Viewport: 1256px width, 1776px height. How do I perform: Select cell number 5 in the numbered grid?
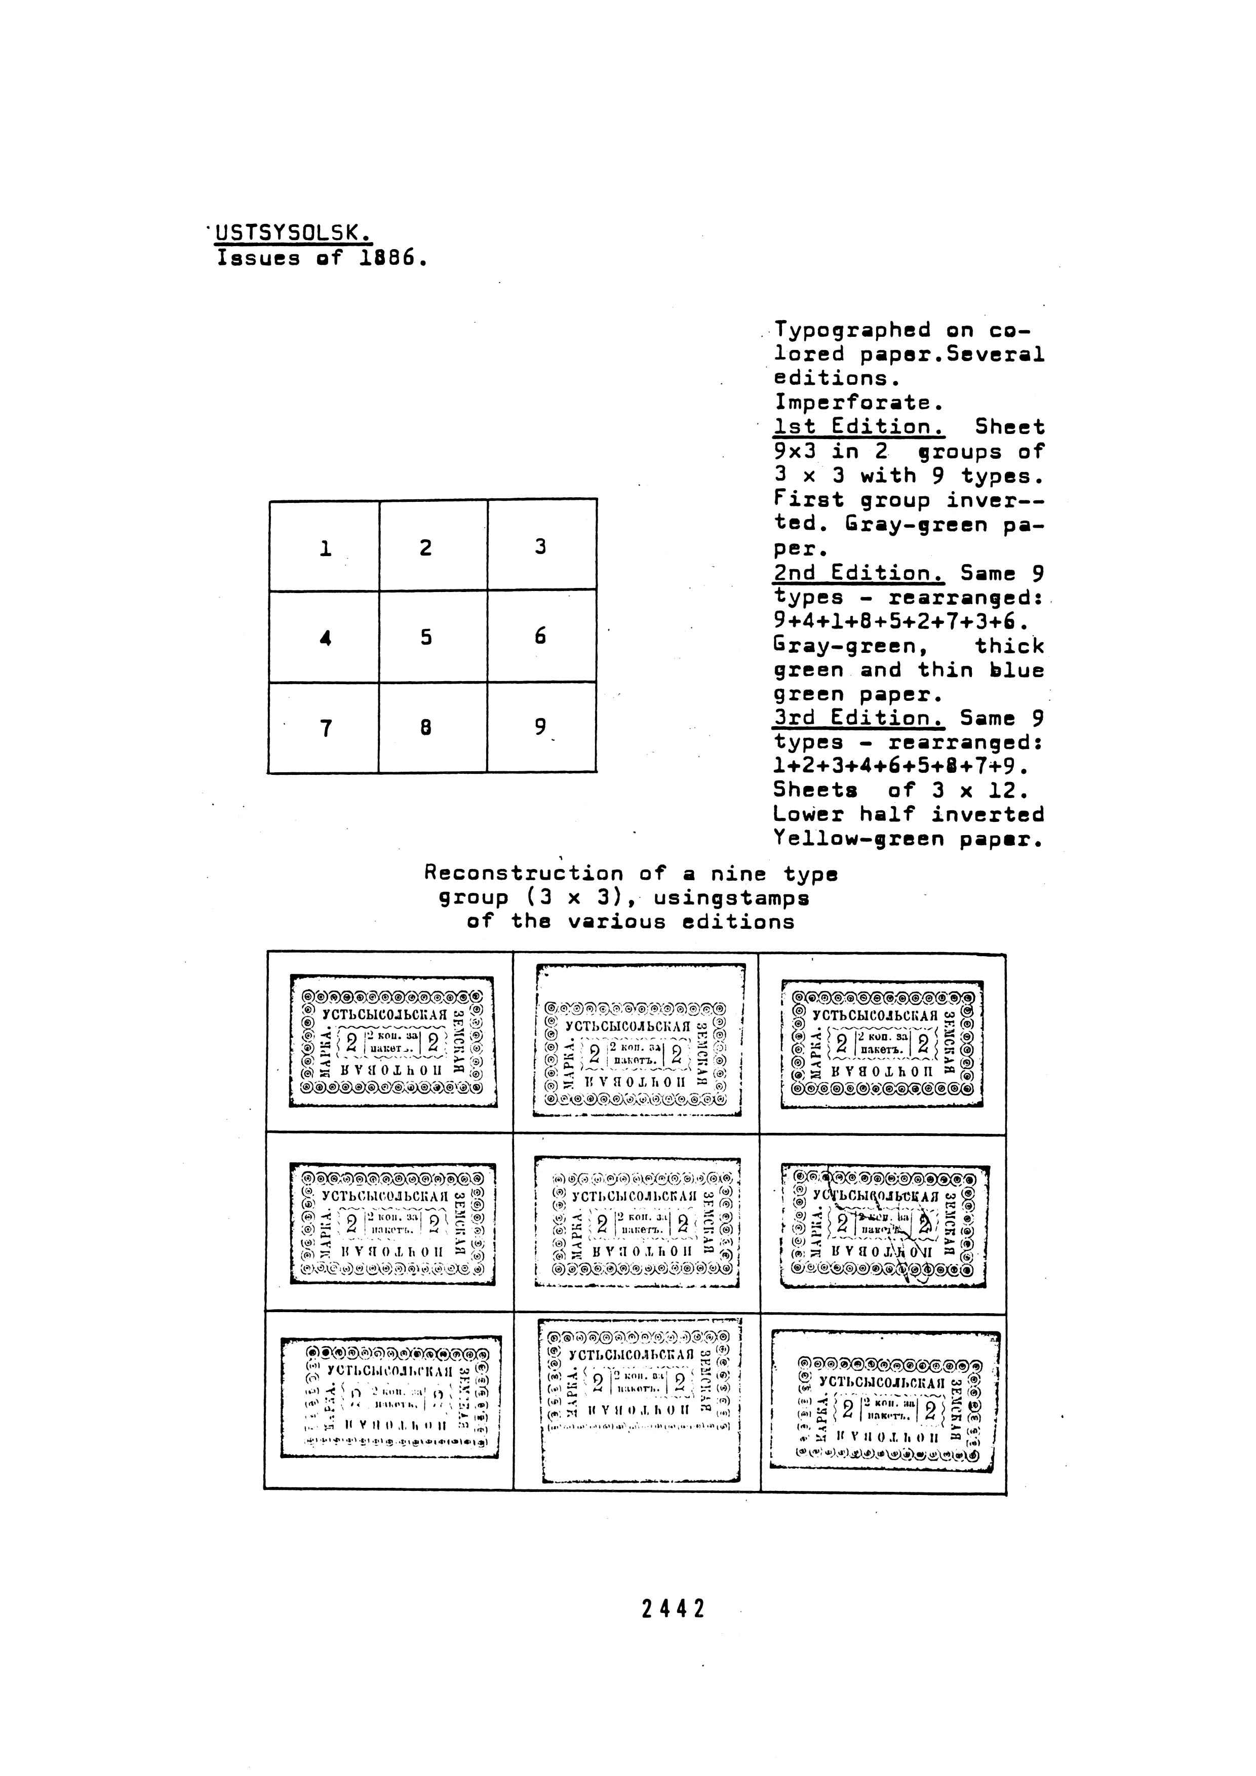(425, 637)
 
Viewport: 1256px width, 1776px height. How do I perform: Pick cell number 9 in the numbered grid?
(540, 727)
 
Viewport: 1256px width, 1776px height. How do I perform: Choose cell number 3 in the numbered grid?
(540, 546)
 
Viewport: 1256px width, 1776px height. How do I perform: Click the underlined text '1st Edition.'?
(858, 427)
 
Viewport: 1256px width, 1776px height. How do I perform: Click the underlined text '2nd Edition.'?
(858, 573)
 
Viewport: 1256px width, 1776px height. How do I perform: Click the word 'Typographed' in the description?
(852, 330)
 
